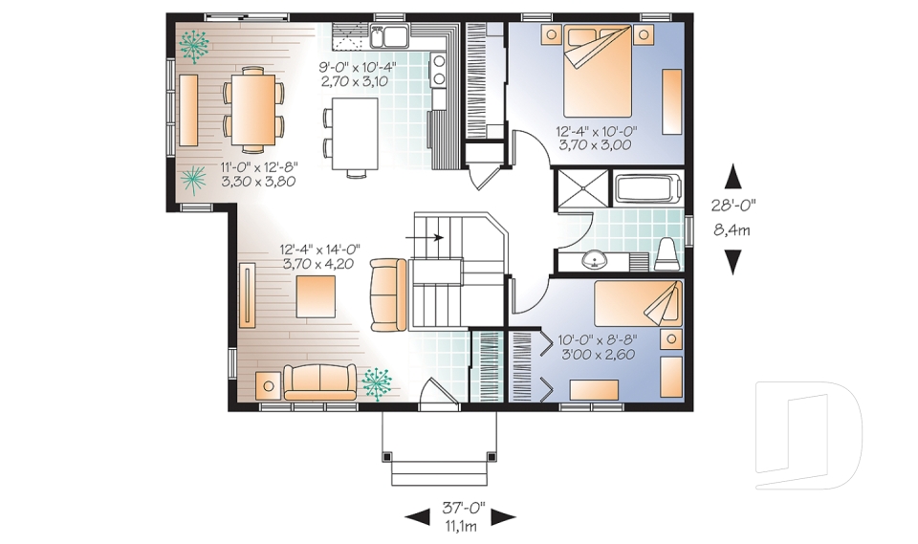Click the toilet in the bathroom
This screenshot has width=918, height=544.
click(x=667, y=252)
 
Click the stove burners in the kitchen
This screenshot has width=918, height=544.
click(x=439, y=70)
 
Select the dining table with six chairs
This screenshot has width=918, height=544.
click(x=253, y=109)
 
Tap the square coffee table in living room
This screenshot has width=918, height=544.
click(x=316, y=295)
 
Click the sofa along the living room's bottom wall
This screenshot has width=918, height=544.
click(x=319, y=381)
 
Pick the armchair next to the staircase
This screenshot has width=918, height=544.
click(x=388, y=294)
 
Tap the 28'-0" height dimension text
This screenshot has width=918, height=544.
click(x=733, y=204)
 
